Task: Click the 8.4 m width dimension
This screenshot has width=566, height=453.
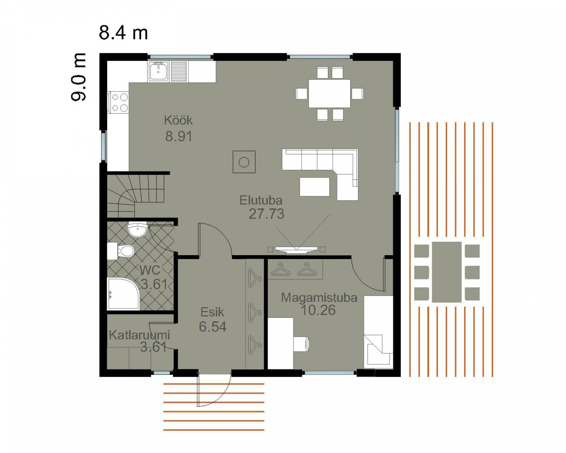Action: coord(123,32)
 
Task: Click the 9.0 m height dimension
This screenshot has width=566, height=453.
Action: coord(78,77)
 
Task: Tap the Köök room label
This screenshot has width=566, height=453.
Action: coord(178,120)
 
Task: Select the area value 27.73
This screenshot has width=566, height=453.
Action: coord(266,214)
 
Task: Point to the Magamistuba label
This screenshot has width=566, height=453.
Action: coord(319,298)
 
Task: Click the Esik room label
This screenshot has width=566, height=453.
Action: coord(212,312)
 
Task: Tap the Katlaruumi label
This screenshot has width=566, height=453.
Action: coord(139,335)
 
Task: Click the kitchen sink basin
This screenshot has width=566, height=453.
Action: coord(158,71)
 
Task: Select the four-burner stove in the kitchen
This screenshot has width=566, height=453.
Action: coord(118,102)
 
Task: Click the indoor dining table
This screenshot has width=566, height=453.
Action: coord(329,94)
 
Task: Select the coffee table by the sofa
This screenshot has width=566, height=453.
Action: coord(315,186)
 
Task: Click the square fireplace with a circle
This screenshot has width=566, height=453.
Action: coord(244,162)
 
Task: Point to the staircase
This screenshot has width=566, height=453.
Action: coord(135,196)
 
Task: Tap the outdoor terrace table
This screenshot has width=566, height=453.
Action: coord(447,272)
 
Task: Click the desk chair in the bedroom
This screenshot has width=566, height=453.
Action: coord(301,344)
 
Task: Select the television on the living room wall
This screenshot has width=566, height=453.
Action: coord(297,249)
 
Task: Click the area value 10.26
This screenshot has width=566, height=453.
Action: coord(318,310)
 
